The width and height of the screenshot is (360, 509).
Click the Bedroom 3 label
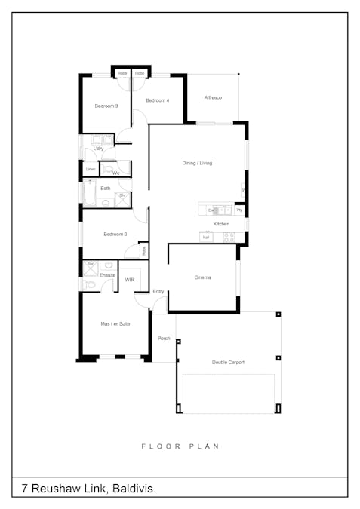[106, 106]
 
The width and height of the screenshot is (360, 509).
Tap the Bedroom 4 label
[157, 100]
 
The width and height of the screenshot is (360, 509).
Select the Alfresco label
[213, 99]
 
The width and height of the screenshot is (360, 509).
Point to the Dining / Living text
[197, 163]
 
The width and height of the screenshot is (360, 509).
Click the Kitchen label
[221, 224]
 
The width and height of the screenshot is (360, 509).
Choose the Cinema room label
[202, 277]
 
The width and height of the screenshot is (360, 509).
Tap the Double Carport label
[228, 362]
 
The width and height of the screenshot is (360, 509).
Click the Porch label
[164, 339]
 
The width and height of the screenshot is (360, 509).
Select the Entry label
[158, 291]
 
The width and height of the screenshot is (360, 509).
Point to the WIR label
[130, 280]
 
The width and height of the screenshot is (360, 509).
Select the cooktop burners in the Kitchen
[229, 237]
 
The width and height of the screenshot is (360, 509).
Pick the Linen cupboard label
[91, 170]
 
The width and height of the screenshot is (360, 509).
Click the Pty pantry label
[238, 210]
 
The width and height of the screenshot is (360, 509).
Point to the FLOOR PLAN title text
[180, 446]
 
